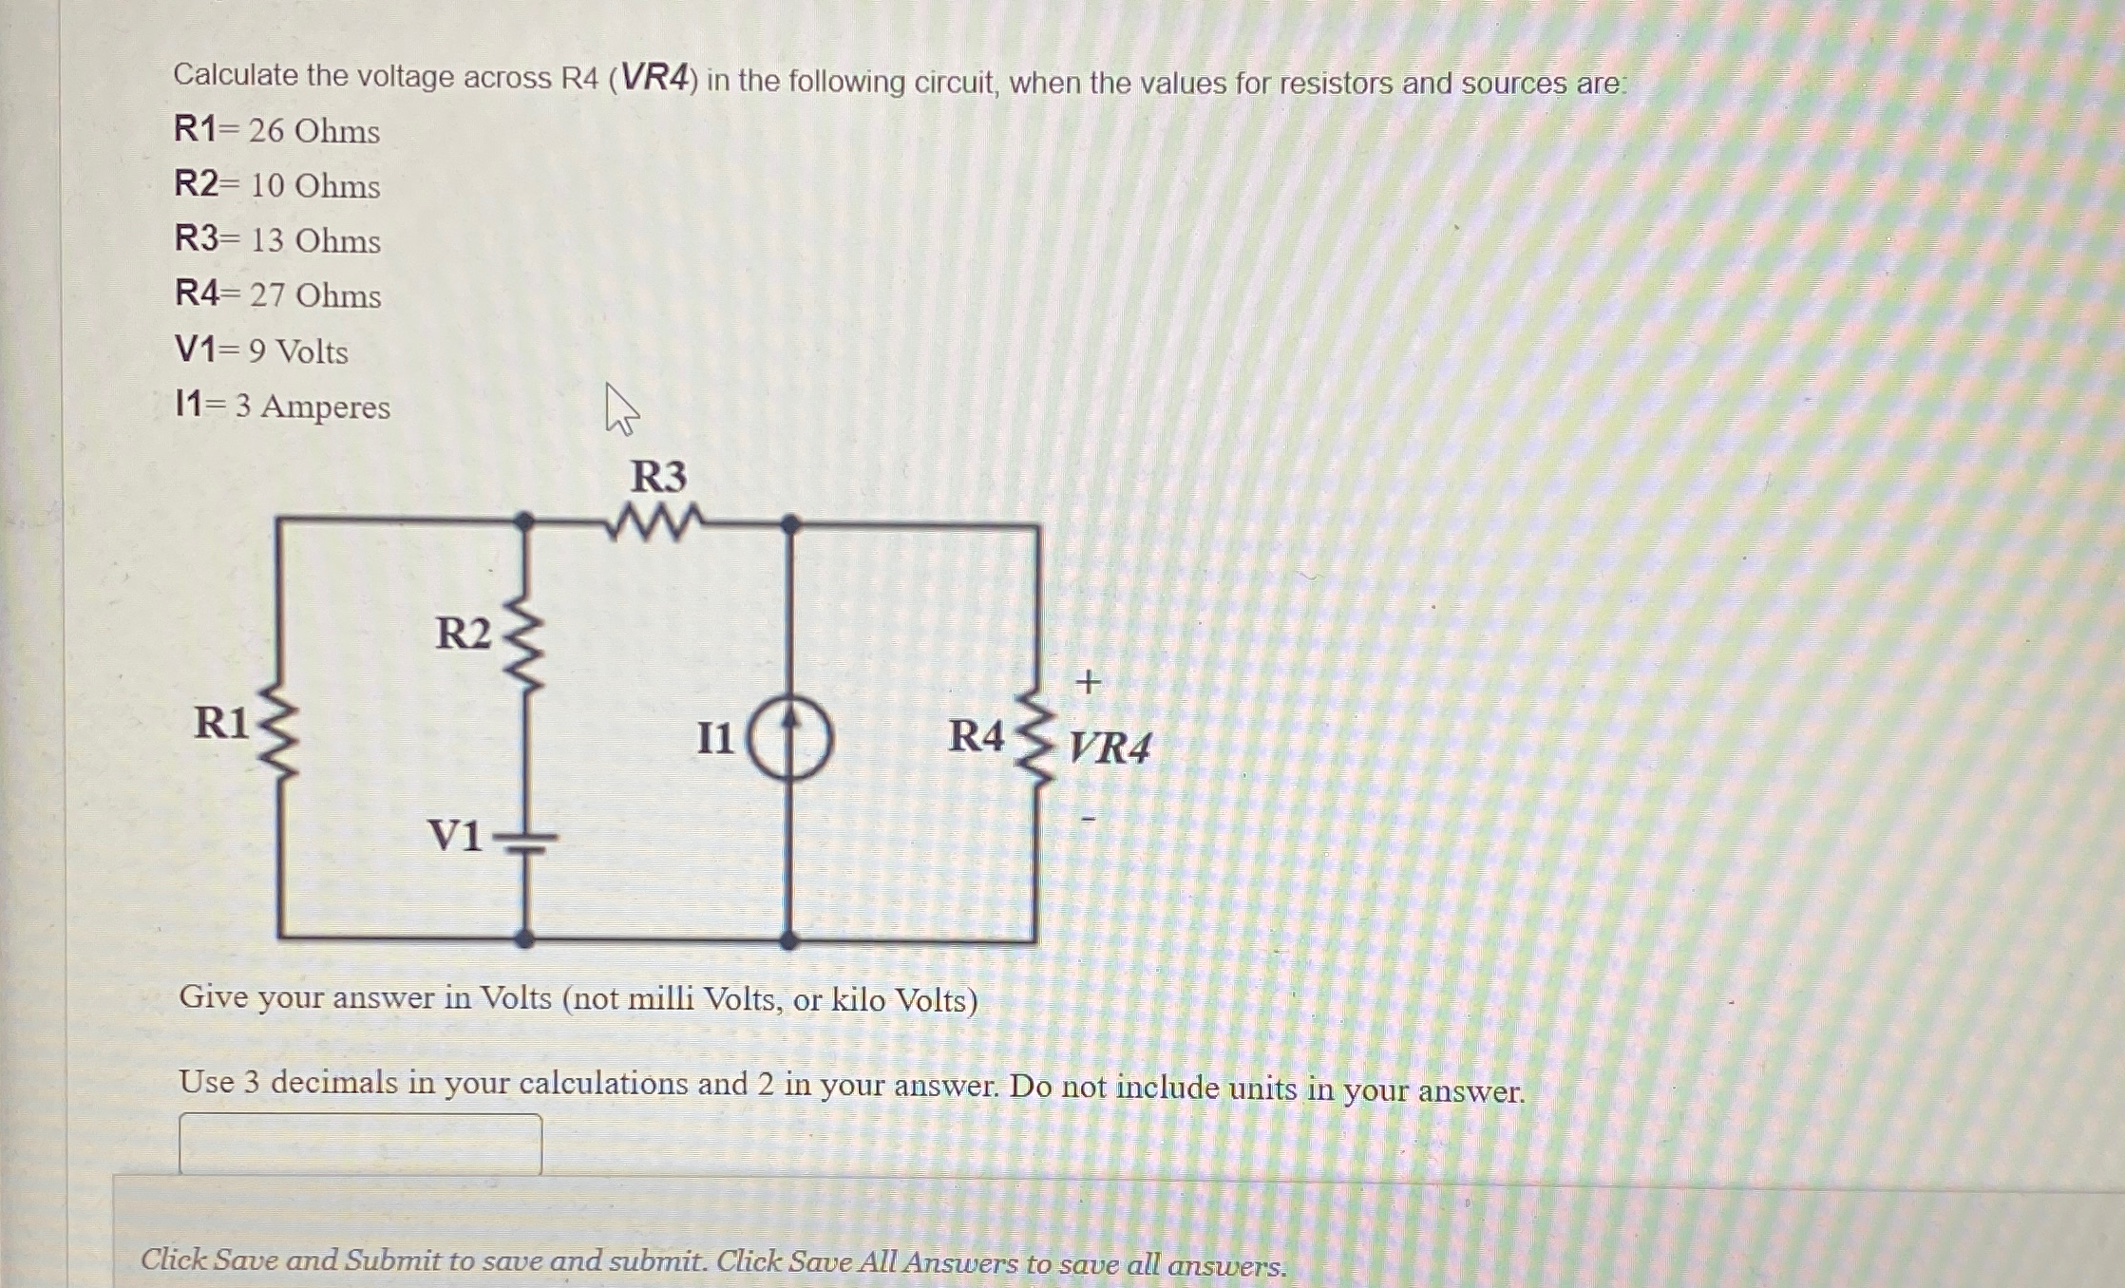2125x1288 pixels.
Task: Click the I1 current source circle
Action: (x=789, y=738)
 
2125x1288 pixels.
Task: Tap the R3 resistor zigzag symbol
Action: (x=655, y=522)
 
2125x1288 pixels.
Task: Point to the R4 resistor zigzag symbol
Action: (x=1036, y=737)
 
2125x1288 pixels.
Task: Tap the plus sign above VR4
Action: (x=1088, y=682)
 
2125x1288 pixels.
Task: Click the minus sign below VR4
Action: (x=1089, y=818)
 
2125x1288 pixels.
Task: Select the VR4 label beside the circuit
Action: (x=1110, y=748)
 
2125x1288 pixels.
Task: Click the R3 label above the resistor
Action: (x=658, y=477)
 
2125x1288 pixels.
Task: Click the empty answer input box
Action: (x=360, y=1144)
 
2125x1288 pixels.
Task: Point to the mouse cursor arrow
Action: (x=619, y=408)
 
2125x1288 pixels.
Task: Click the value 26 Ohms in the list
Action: (x=314, y=131)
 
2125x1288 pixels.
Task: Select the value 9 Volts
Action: (x=298, y=352)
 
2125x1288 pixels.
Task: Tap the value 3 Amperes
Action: (x=313, y=407)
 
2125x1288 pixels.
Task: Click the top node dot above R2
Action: (x=524, y=521)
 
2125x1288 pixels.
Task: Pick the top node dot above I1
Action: (x=789, y=523)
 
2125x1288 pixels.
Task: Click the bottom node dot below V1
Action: (x=524, y=939)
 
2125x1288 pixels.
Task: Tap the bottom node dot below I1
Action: (x=789, y=940)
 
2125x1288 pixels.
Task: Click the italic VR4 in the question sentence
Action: (x=655, y=78)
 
